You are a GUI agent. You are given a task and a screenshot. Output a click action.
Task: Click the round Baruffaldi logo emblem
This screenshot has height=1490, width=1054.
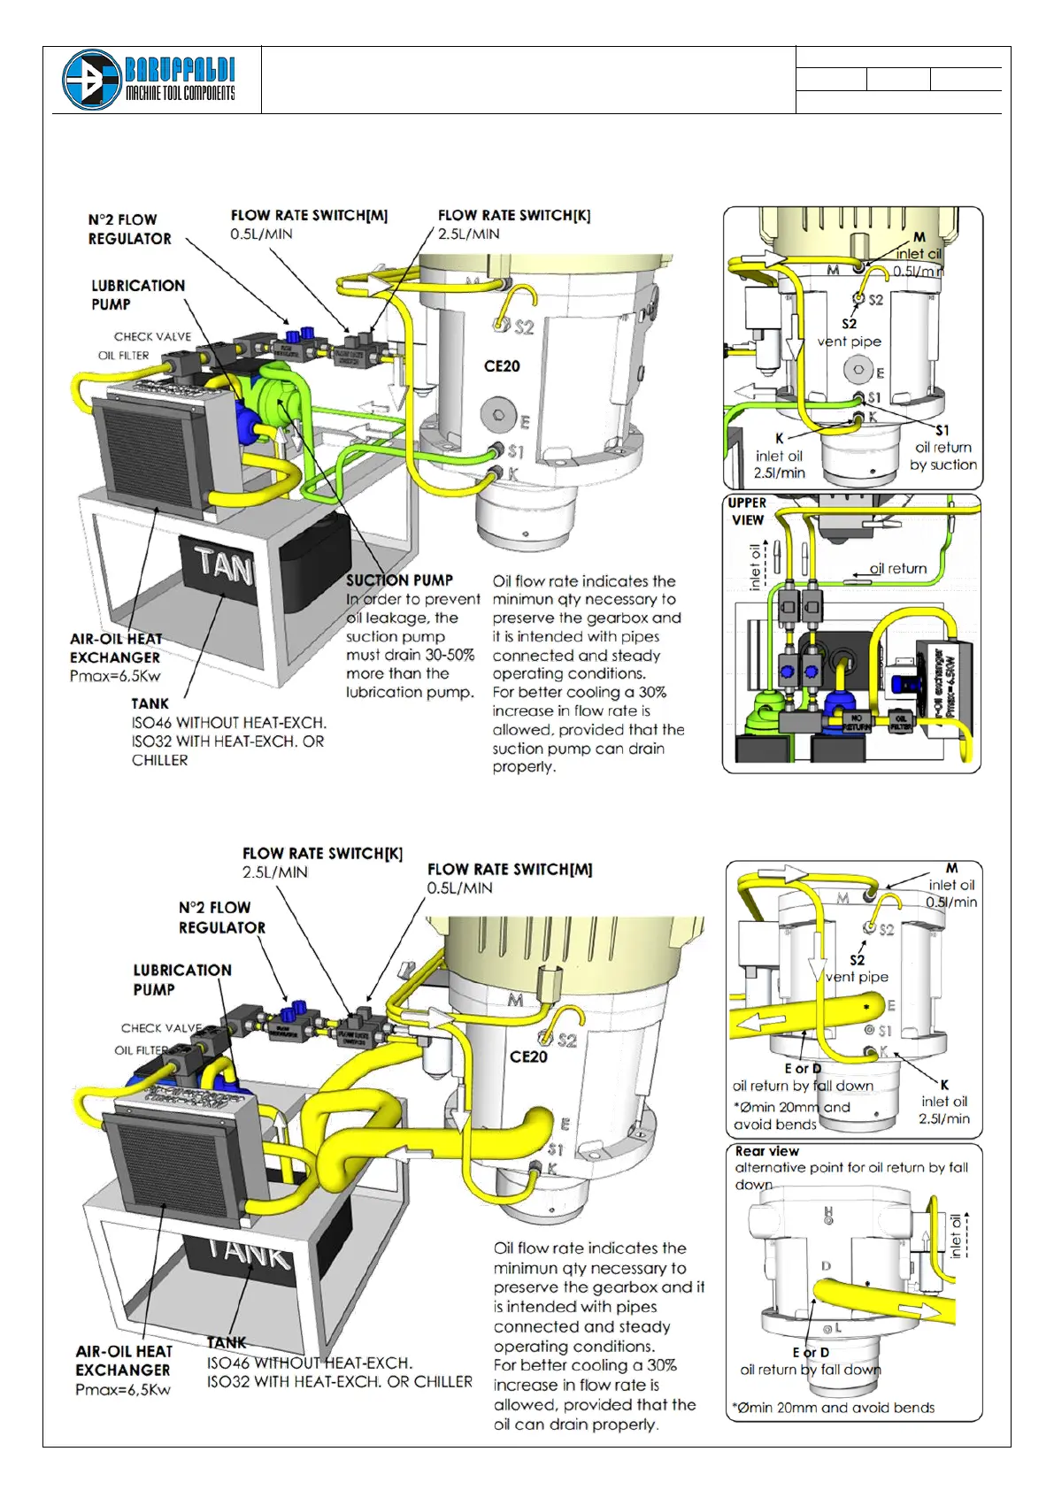point(91,80)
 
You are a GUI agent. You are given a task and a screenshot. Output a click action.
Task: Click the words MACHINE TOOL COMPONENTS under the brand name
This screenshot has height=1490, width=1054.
point(180,94)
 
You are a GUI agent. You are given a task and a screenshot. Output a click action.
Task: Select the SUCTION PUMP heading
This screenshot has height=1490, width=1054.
point(399,580)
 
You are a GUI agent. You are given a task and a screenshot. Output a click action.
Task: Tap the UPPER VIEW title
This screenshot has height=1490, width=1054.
point(747,511)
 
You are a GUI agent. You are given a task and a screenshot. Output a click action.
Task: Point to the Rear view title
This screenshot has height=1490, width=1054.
point(766,1151)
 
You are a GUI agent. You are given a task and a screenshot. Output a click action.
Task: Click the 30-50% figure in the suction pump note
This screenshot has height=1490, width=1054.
point(450,655)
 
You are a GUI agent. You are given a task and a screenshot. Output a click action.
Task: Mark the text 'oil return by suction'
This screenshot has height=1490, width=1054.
point(943,456)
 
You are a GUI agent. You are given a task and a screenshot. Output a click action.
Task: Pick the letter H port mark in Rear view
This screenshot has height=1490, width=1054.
point(828,1210)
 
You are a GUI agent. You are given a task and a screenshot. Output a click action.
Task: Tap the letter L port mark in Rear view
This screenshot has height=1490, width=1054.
point(837,1328)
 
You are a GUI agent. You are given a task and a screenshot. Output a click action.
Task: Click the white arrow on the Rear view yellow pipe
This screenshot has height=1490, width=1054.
point(919,1309)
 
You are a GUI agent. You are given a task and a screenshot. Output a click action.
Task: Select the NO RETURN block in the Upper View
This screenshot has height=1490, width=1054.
point(856,721)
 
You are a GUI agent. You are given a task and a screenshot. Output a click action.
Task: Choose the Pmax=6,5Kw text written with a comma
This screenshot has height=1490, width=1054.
point(123,1389)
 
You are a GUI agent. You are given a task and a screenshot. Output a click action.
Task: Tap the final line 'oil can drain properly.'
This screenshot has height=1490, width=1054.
point(575,1425)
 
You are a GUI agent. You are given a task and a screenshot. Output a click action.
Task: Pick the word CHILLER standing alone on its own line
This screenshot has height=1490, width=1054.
point(160,760)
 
